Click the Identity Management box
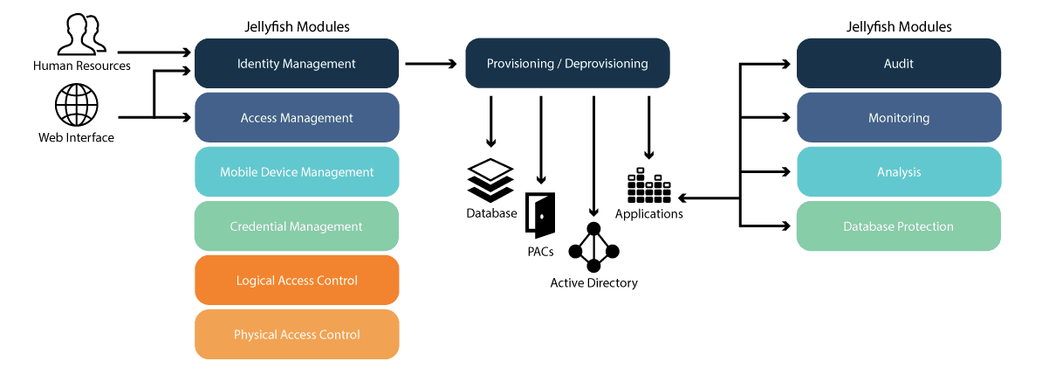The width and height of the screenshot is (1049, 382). (297, 64)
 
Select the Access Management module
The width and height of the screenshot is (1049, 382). (297, 118)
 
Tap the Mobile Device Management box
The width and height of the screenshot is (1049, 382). (297, 172)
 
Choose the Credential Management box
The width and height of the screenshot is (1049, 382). (297, 226)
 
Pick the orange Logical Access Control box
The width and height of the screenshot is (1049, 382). (297, 281)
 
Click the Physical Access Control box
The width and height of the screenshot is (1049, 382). (297, 335)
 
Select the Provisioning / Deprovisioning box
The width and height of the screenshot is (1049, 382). (567, 64)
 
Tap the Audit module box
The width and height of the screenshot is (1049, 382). (898, 64)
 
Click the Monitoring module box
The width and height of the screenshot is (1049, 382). (898, 118)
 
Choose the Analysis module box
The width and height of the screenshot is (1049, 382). (898, 172)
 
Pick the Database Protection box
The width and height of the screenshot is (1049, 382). (898, 226)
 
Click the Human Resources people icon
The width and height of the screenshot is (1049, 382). (81, 35)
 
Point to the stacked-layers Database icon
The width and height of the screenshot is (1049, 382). (490, 179)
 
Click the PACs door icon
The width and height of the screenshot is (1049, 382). (540, 215)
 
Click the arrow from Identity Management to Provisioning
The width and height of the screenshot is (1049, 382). (431, 64)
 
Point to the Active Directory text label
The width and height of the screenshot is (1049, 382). (593, 283)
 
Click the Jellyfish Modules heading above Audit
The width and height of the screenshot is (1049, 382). (899, 27)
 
